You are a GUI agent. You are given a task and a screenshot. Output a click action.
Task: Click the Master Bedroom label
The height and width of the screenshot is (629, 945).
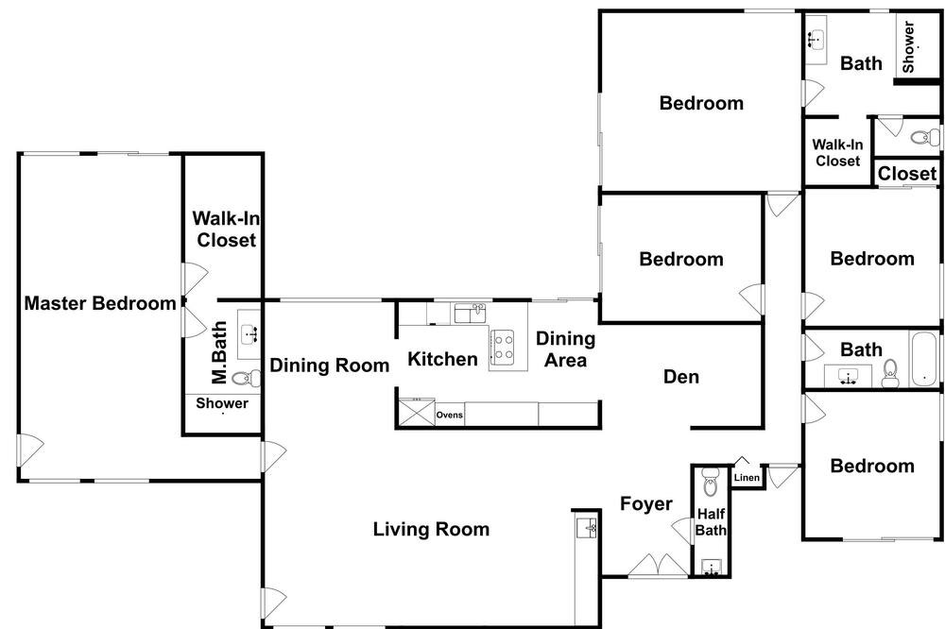[100, 303]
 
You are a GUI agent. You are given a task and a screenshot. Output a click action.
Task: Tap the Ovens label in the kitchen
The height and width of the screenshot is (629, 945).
[450, 416]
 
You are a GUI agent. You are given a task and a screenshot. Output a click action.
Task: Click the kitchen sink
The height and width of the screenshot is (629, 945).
[470, 313]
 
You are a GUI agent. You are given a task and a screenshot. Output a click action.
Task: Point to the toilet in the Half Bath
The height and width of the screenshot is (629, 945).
[711, 481]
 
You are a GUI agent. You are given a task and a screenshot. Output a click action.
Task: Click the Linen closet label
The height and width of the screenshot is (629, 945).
[747, 478]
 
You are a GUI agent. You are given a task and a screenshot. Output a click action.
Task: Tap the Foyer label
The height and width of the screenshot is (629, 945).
[646, 503]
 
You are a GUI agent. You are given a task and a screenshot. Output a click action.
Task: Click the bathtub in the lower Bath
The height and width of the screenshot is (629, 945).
[924, 359]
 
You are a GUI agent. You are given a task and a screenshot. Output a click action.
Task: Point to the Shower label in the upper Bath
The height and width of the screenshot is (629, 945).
[908, 46]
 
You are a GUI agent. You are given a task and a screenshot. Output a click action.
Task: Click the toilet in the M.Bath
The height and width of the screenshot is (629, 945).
[247, 379]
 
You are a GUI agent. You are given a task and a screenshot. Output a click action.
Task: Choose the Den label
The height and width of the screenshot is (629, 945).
[681, 377]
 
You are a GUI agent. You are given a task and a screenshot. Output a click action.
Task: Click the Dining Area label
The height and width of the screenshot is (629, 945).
[565, 348]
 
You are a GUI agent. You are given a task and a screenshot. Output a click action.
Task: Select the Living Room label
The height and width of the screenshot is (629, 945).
[431, 529]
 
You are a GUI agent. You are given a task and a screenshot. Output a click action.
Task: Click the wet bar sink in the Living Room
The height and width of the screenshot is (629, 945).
[587, 528]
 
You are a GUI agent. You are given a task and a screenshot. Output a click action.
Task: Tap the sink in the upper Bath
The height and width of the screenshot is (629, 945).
[816, 40]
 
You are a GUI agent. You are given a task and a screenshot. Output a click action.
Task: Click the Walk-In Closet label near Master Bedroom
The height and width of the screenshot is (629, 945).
[226, 229]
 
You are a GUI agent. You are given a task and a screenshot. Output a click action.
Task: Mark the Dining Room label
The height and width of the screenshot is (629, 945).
[329, 365]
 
